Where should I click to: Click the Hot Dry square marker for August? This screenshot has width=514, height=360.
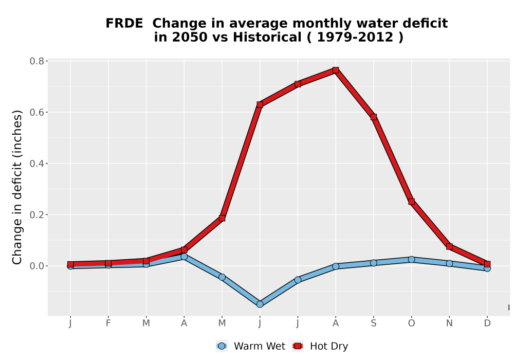click(336, 70)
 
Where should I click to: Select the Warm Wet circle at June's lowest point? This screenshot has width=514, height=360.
click(260, 304)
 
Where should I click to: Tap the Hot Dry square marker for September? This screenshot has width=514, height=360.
click(374, 117)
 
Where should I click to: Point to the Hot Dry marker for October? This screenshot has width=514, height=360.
click(411, 202)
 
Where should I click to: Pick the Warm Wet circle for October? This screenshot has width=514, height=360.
click(411, 260)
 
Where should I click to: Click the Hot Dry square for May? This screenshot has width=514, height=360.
click(222, 218)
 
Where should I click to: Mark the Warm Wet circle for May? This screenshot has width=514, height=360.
click(222, 277)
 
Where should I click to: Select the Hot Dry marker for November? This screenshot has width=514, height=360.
click(449, 246)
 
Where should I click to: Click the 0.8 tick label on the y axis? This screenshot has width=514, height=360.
click(36, 61)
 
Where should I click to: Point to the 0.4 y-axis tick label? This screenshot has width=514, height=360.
click(36, 164)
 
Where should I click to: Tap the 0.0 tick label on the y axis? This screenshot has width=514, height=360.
click(36, 266)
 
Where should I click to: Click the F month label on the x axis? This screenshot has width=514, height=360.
click(108, 323)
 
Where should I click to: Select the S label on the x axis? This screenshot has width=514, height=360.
click(374, 323)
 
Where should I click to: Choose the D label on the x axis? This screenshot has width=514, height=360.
click(487, 323)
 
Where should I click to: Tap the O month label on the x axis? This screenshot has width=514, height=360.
click(411, 323)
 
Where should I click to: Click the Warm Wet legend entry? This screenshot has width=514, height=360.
click(251, 346)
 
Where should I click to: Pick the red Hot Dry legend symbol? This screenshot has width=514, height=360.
click(298, 346)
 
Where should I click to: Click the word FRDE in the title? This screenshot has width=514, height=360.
click(124, 24)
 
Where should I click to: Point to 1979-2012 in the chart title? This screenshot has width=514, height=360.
click(355, 38)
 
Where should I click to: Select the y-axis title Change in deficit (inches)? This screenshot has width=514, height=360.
click(17, 187)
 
